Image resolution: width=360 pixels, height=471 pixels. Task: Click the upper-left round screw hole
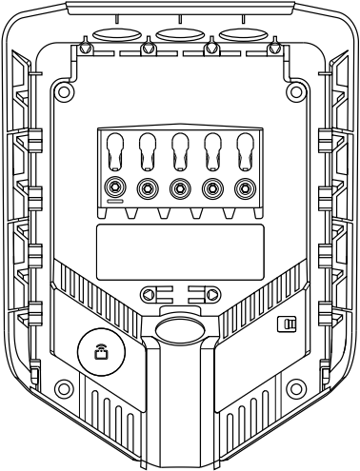pyautogui.click(x=65, y=92)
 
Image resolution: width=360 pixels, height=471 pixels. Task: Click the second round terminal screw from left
pyautogui.click(x=149, y=187)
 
